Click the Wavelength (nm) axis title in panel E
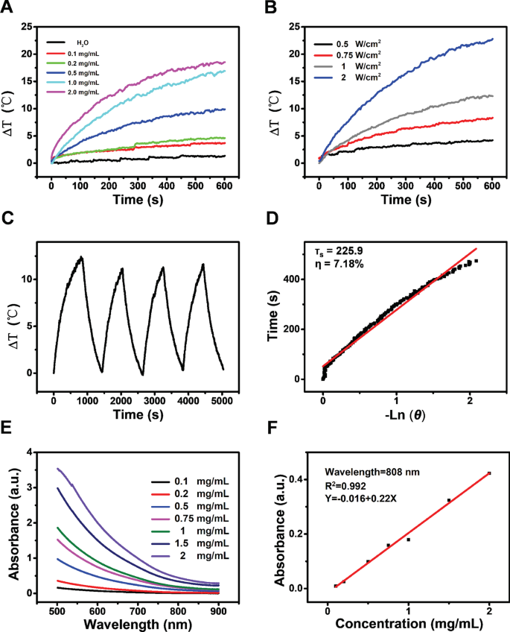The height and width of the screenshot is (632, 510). point(139,620)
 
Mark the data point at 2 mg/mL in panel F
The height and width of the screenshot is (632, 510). point(489,473)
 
